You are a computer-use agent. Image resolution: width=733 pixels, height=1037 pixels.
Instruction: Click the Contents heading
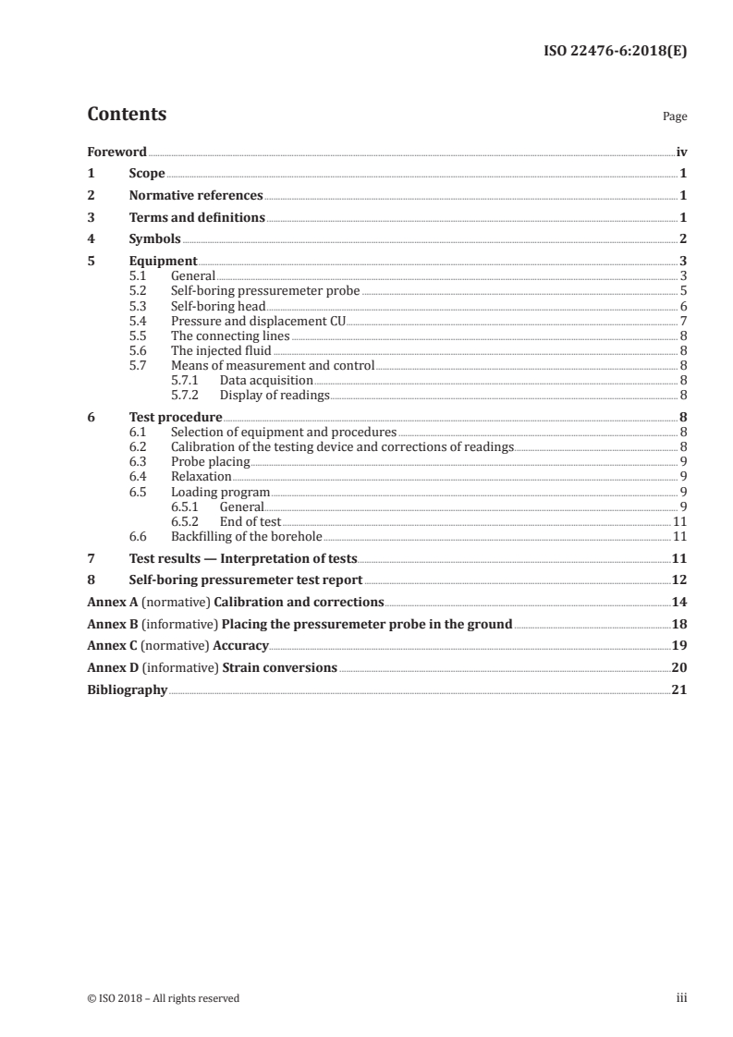pos(127,115)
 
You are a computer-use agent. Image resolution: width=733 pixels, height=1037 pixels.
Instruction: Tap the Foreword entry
pos(116,152)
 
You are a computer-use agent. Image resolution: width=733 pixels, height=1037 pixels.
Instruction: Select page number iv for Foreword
pos(681,152)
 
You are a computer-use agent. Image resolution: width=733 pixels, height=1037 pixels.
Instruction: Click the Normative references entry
pos(196,196)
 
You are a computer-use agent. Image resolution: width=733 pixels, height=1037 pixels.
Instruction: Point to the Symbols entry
pos(154,239)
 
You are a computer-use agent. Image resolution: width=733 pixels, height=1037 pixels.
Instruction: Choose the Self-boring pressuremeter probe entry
pos(265,291)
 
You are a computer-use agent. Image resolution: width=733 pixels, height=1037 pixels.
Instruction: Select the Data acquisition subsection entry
pos(266,380)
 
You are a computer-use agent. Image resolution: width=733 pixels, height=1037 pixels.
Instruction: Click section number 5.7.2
pos(187,395)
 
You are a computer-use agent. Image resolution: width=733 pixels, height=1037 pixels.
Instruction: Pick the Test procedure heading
pos(176,417)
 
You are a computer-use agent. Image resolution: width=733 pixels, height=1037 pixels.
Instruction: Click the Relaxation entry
pos(201,476)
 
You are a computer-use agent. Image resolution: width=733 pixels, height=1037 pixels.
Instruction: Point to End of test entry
pos(250,521)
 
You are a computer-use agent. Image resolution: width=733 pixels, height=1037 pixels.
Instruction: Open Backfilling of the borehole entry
pos(246,536)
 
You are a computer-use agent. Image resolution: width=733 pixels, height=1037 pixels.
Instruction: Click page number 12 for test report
pos(679,580)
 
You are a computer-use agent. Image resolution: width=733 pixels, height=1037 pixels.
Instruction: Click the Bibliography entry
pos(127,689)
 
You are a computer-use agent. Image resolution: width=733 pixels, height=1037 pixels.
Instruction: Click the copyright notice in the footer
pos(163,998)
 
